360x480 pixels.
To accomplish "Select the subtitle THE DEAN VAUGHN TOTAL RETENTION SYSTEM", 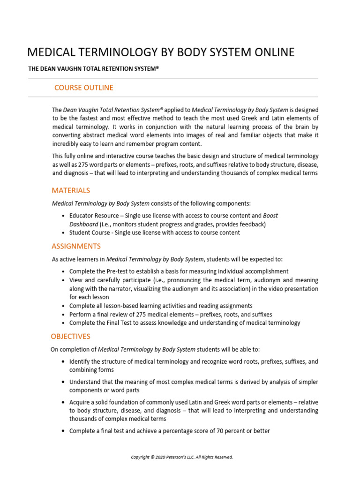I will click(x=94, y=69).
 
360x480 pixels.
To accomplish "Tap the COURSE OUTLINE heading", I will click(x=83, y=88).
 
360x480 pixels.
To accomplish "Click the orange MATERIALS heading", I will click(x=71, y=191).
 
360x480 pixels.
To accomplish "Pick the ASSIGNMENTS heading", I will click(x=76, y=247).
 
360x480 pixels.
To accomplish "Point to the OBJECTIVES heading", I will click(x=71, y=337).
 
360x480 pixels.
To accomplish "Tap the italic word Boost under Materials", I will click(x=270, y=216).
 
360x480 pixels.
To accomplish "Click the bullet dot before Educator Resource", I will click(x=63, y=216).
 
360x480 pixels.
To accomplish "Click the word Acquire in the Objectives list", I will click(x=80, y=403).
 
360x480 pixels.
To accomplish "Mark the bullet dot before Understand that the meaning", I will click(x=63, y=382).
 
